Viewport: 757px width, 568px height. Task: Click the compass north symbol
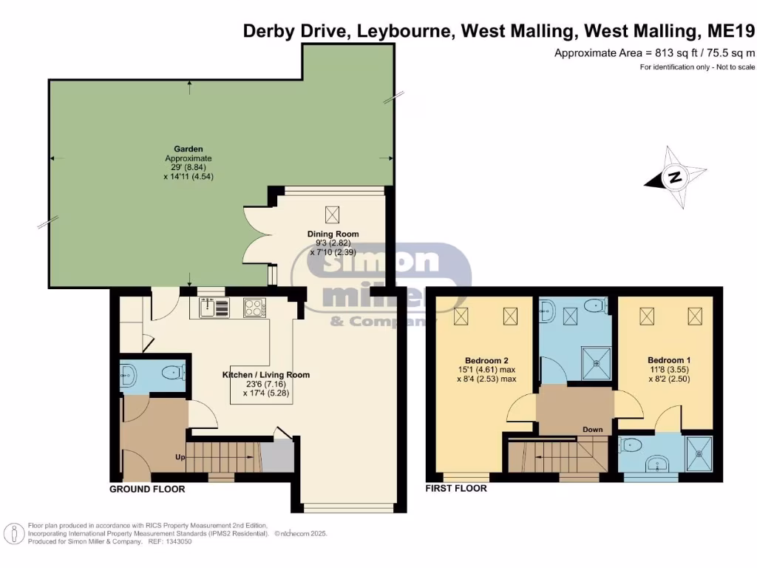673,177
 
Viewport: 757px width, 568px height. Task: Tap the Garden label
189,149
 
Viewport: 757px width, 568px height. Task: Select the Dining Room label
333,234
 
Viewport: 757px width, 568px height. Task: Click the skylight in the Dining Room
333,214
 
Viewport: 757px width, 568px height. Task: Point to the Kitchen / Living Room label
266,375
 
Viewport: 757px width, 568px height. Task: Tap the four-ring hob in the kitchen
254,306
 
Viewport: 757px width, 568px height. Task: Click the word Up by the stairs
180,457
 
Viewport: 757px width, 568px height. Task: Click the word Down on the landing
592,430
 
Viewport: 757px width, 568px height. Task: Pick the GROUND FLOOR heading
147,489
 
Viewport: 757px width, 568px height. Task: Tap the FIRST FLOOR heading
456,489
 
